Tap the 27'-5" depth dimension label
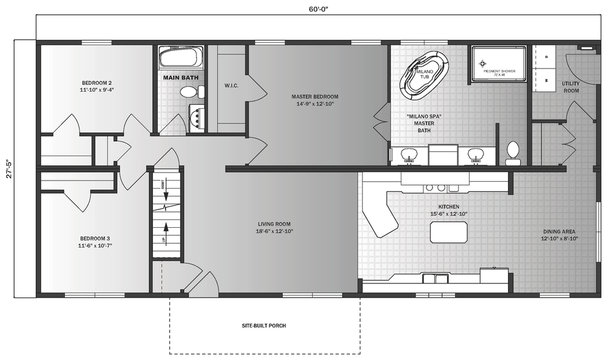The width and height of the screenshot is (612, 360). click(x=7, y=169)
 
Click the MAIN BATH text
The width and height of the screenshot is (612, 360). click(x=180, y=78)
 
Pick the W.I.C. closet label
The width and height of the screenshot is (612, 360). click(x=231, y=85)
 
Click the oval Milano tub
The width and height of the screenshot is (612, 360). click(x=424, y=75)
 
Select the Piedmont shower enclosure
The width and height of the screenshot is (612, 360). click(x=498, y=64)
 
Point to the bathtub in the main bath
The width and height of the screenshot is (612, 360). click(x=179, y=59)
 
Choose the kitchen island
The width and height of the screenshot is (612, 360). click(x=449, y=233)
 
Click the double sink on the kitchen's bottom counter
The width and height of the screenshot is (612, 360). click(x=435, y=279)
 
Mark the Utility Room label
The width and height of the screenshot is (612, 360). click(x=570, y=87)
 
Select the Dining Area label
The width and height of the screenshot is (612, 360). click(x=559, y=235)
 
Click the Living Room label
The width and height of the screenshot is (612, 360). click(x=273, y=227)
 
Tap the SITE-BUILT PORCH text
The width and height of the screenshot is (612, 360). click(x=264, y=326)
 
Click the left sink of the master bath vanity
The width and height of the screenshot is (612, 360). click(x=408, y=154)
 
